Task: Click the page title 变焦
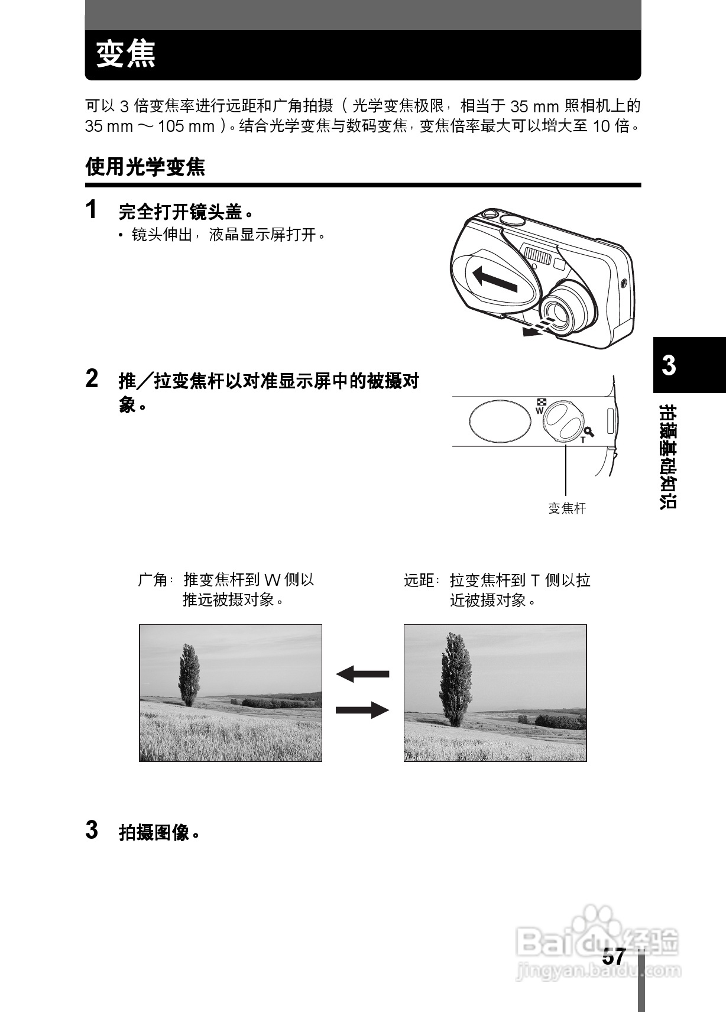pyautogui.click(x=126, y=54)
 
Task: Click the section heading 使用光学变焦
pyautogui.click(x=145, y=167)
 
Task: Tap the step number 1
pyautogui.click(x=91, y=209)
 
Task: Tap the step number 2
pyautogui.click(x=92, y=378)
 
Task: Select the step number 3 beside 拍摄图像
pyautogui.click(x=92, y=830)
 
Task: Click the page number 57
pyautogui.click(x=614, y=957)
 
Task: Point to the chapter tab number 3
pyautogui.click(x=669, y=365)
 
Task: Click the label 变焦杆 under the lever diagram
pyautogui.click(x=567, y=508)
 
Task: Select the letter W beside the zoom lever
pyautogui.click(x=539, y=410)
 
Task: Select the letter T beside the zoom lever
pyautogui.click(x=583, y=440)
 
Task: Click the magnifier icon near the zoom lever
pyautogui.click(x=589, y=432)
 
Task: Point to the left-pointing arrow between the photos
pyautogui.click(x=362, y=674)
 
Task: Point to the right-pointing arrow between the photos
pyautogui.click(x=362, y=709)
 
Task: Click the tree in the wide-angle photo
pyautogui.click(x=189, y=674)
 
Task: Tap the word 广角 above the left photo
pyautogui.click(x=153, y=580)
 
